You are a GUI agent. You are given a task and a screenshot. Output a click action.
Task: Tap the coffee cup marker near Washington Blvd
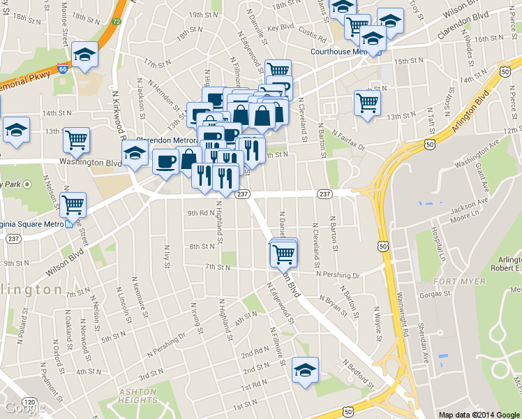165,162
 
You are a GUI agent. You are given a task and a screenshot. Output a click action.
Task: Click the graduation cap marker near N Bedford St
304,370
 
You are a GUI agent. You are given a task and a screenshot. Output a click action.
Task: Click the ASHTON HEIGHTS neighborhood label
138,396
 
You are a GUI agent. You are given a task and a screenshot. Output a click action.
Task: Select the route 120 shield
29,403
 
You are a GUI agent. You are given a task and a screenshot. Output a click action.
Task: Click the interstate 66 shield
63,69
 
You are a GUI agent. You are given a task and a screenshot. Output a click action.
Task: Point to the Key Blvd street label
281,28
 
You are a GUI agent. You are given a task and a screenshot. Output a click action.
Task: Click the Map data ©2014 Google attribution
478,414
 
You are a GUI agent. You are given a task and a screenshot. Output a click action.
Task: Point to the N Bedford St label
356,372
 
